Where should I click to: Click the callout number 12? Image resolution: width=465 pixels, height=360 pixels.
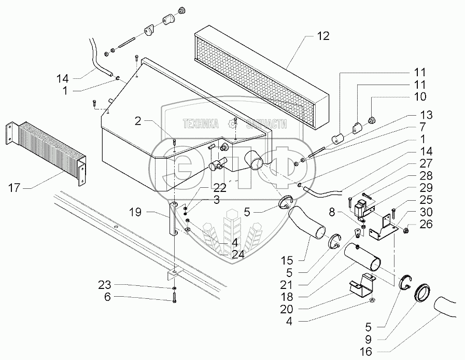coord(323,36)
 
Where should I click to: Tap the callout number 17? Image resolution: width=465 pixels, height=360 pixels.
coord(14,188)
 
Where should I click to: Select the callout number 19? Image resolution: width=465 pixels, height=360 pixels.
coord(135,213)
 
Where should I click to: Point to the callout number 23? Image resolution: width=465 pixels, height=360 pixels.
coord(105,285)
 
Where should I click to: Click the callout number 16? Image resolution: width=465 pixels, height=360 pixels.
coord(367,352)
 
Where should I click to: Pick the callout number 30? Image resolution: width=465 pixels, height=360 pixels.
coord(426,212)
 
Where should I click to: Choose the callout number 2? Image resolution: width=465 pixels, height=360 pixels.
coord(137,121)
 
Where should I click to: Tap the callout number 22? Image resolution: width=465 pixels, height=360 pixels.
coord(220,188)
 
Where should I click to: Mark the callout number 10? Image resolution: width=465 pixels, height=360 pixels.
coord(420,96)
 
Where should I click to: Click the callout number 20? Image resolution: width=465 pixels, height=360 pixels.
coord(287,309)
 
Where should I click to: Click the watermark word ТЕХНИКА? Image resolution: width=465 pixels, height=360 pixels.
coord(201,123)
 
